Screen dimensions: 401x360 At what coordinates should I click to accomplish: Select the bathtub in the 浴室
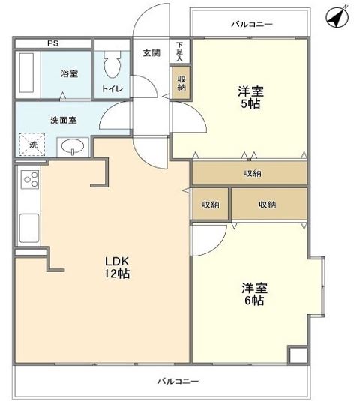tap(28, 75)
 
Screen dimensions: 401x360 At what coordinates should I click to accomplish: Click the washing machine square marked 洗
tap(33, 144)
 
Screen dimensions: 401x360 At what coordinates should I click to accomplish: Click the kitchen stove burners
tap(31, 180)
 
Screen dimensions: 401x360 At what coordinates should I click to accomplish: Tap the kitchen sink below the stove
tap(30, 223)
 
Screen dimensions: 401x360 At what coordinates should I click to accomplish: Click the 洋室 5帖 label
tap(250, 99)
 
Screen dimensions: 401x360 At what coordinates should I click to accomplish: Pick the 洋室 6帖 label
tap(253, 294)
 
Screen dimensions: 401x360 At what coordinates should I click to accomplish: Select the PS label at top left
tap(52, 43)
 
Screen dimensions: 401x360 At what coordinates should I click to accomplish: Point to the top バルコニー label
tap(251, 25)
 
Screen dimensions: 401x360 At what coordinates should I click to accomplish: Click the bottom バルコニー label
tap(178, 382)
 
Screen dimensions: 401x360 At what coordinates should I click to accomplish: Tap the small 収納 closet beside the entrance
tap(182, 83)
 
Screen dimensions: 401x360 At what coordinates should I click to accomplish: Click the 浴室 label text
tap(70, 74)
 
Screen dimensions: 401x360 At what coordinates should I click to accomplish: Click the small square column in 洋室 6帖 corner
tap(298, 355)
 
